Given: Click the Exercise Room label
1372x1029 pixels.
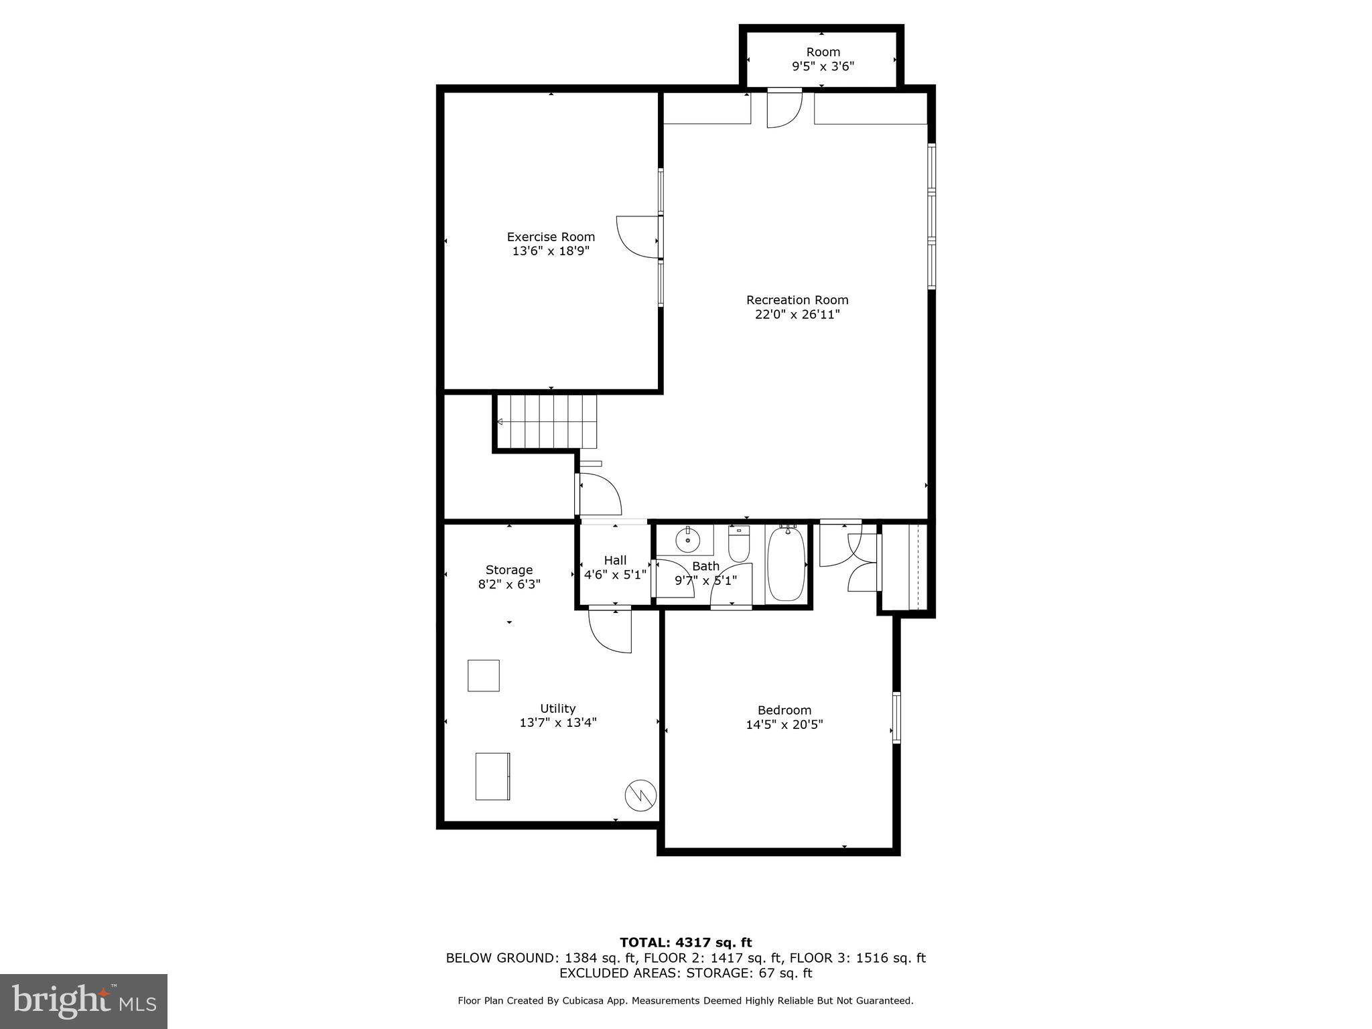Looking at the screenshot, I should pyautogui.click(x=551, y=236).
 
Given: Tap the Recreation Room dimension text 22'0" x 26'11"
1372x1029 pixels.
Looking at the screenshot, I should pyautogui.click(x=797, y=314).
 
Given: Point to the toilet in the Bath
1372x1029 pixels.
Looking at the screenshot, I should pyautogui.click(x=739, y=544).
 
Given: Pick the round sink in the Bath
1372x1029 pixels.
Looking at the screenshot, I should pyautogui.click(x=687, y=538).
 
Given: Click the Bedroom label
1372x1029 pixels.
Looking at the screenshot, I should pyautogui.click(x=784, y=710).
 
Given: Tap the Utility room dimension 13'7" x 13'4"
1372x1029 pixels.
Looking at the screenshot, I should pyautogui.click(x=557, y=722).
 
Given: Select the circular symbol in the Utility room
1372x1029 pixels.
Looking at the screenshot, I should pyautogui.click(x=640, y=795).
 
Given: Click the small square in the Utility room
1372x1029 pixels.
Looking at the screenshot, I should pyautogui.click(x=483, y=675).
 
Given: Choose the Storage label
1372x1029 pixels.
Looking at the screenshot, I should pyautogui.click(x=509, y=570).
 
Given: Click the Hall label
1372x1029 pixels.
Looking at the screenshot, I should pyautogui.click(x=615, y=560).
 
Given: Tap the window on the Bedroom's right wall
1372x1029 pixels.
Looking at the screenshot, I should pyautogui.click(x=896, y=717).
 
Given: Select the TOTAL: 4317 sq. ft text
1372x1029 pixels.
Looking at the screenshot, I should pyautogui.click(x=685, y=943).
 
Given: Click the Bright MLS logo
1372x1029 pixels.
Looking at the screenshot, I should pyautogui.click(x=84, y=1001).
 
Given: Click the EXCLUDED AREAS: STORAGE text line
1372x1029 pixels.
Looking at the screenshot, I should pyautogui.click(x=685, y=973).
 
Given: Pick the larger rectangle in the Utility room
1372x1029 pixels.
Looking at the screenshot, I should pyautogui.click(x=492, y=776).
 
